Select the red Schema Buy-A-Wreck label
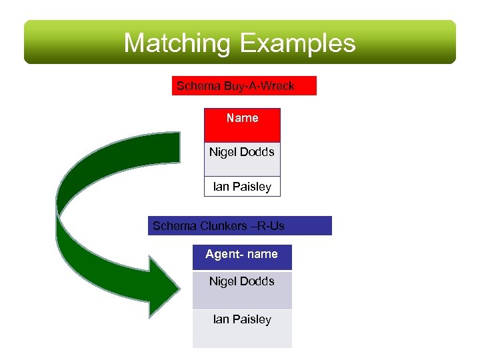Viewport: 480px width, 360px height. coord(243,86)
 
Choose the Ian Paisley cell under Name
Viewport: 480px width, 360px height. coord(242,187)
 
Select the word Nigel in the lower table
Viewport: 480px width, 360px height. coord(223,281)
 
